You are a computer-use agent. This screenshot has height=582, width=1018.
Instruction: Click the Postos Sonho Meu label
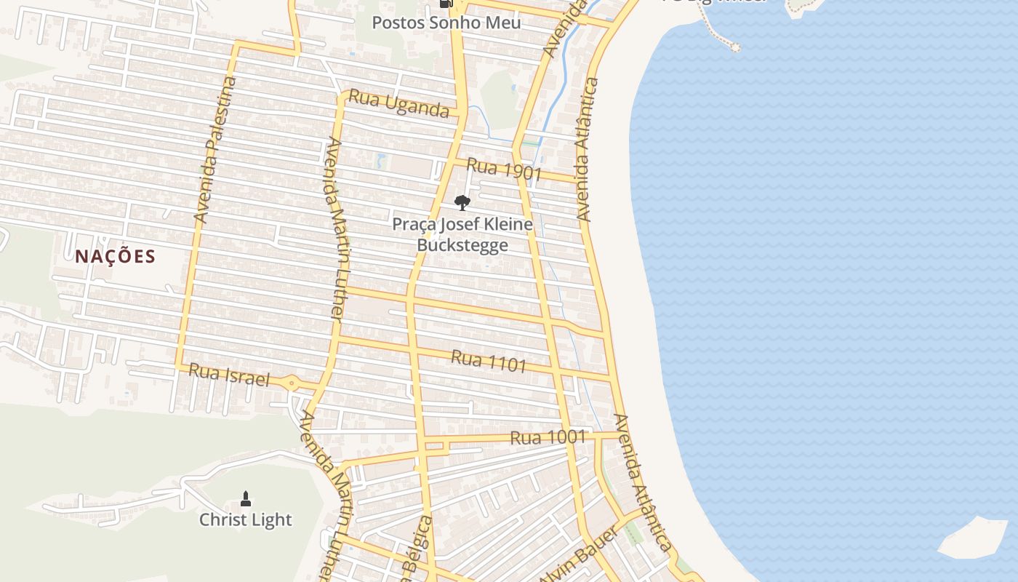pos(446,23)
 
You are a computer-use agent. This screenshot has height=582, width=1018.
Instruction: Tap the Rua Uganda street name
pos(398,103)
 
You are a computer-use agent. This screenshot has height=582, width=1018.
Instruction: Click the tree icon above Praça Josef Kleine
pos(462,203)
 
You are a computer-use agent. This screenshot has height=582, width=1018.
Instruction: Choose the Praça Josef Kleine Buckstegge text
pos(462,234)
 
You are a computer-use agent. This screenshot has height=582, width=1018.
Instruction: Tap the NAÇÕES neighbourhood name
pos(115,256)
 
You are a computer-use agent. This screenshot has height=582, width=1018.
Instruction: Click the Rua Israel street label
pos(229,375)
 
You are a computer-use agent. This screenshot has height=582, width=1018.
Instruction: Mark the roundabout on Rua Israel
pos(292,383)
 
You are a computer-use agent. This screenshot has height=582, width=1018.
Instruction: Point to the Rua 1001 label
pos(548,437)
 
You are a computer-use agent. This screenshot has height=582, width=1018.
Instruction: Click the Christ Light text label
pos(245,519)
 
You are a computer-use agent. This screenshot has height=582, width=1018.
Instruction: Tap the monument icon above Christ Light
pos(246,499)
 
